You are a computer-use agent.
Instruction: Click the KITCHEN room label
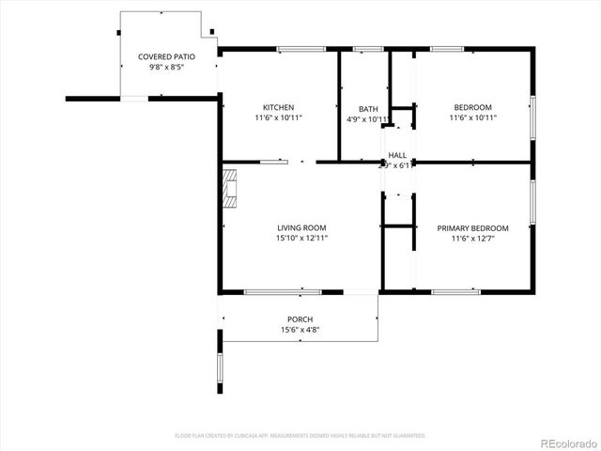(278, 107)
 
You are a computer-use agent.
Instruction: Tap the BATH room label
(368, 109)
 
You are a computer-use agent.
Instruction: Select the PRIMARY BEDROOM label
(472, 228)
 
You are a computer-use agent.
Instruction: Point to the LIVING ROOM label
(301, 227)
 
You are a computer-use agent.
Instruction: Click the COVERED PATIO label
(162, 56)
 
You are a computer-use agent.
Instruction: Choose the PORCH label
(300, 319)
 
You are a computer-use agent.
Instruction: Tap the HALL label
(397, 155)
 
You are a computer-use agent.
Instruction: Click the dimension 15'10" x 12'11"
(301, 239)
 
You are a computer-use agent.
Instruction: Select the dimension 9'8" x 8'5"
(162, 67)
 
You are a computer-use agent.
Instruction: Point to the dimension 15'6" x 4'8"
(300, 330)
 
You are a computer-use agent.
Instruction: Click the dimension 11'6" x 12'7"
(472, 239)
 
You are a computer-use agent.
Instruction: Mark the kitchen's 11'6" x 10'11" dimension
(278, 118)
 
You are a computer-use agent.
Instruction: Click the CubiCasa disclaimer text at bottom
(300, 436)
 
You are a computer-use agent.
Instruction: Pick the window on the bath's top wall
(367, 49)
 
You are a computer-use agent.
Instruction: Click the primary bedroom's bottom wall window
(455, 292)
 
